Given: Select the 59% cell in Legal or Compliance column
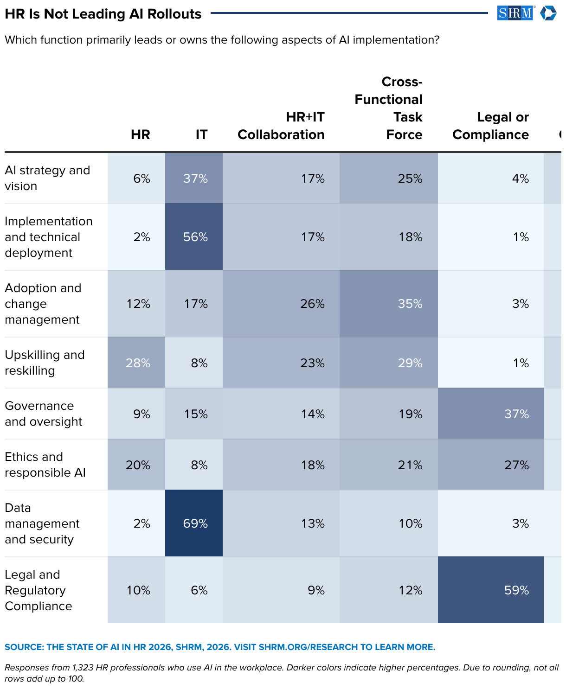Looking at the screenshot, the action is pos(490,590).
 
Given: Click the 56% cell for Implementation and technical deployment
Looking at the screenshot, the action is pos(193,236).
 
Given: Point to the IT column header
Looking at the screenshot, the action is pos(201,134).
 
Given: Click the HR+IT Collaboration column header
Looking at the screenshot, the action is pos(281,126).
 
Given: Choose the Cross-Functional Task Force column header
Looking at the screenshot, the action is pos(388,108).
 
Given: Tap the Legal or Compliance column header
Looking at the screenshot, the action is pos(490,126).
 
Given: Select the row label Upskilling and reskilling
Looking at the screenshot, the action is pos(45,362).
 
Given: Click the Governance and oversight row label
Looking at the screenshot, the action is pos(43,413).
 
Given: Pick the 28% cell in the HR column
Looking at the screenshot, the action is pos(136,362).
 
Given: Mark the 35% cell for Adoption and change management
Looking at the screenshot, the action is pos(388,304).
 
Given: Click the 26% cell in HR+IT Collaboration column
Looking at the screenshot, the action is pos(281,304).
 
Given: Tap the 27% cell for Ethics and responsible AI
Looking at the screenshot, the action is pos(490,464).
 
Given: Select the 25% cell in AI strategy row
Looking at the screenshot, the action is pos(388,178).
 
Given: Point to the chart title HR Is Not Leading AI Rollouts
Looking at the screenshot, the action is pos(103,14).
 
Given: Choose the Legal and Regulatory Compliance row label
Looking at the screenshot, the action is pos(38,590).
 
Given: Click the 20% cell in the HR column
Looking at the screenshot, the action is pos(136,464).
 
